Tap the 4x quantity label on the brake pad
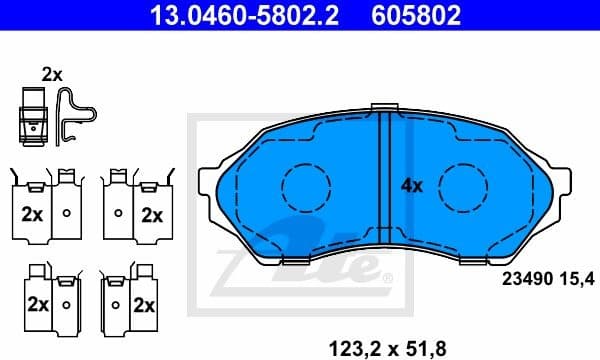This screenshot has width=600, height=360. (412, 185)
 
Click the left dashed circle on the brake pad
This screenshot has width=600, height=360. (306, 185)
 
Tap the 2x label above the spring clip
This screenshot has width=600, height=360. (52, 73)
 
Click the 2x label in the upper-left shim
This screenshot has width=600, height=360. (31, 214)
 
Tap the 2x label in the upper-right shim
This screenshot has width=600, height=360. (151, 214)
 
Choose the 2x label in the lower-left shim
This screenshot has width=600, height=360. (38, 303)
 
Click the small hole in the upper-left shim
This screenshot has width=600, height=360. (66, 213)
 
